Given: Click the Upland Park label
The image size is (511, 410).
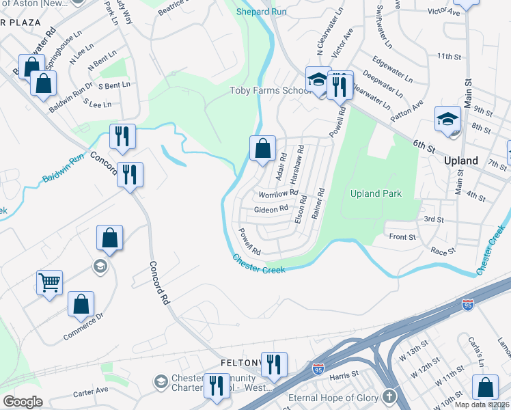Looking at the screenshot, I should click(375, 193).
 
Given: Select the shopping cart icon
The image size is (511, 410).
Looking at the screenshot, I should click(49, 282).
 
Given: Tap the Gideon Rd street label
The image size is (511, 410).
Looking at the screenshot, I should click(271, 209).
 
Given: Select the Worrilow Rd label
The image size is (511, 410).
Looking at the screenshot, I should click(279, 193).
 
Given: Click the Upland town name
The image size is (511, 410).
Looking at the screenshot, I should click(460, 161).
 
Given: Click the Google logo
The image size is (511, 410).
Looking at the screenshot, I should click(23, 401).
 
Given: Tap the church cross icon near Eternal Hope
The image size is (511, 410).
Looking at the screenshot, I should click(389, 396).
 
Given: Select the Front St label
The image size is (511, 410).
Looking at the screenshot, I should click(402, 237).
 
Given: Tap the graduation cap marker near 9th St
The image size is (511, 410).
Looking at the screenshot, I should click(447, 119).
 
